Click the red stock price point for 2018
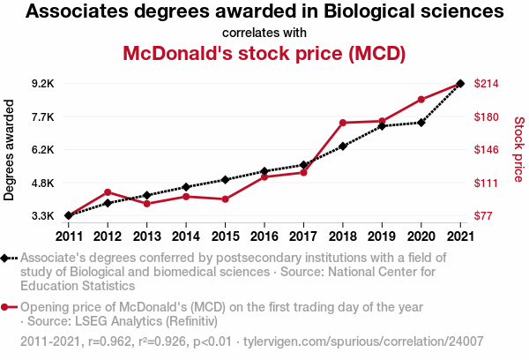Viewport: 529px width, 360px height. point(342,123)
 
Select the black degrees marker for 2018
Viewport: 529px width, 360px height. point(342,146)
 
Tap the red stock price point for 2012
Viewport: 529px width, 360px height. point(108,191)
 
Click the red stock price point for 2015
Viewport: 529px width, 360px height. point(225,199)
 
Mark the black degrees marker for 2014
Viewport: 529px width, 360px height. point(186,187)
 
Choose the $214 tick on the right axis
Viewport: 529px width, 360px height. point(488,84)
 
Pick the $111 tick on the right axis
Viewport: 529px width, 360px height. point(487,183)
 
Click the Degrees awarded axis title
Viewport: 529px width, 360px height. point(11,149)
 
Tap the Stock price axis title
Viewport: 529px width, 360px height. point(518,149)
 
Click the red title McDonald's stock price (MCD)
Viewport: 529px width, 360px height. point(264,53)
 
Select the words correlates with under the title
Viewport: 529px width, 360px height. point(264,33)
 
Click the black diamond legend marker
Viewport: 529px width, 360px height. point(5,258)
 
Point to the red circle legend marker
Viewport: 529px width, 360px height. point(5,307)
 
